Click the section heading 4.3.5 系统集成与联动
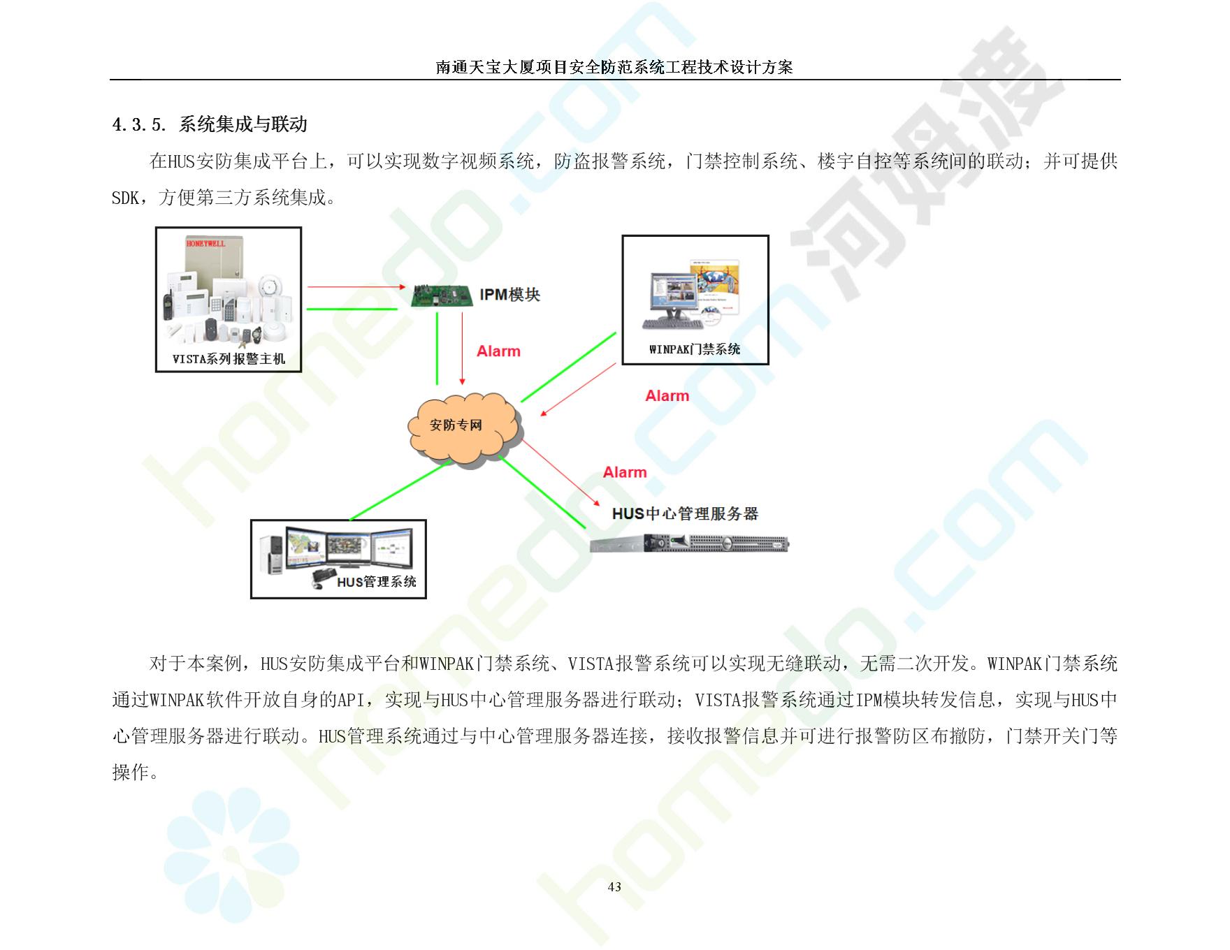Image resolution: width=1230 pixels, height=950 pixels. (210, 124)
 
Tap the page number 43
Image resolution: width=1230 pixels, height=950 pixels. (614, 887)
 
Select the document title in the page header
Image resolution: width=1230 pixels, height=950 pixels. (614, 67)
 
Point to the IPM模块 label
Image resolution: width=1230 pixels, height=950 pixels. (510, 295)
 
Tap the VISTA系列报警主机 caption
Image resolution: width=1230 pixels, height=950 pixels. (229, 359)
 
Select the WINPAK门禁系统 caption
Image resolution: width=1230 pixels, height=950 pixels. (695, 349)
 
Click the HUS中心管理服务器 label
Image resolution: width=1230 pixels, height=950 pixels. (685, 513)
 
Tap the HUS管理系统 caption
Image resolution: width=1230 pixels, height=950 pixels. (377, 582)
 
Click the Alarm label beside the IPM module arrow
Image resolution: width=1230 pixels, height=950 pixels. (498, 351)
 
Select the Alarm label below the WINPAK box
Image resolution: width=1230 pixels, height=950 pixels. (667, 396)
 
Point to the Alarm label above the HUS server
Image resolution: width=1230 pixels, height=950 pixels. (625, 472)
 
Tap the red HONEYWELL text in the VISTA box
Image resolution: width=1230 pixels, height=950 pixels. (205, 244)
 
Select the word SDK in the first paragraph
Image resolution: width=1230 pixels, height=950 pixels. (126, 198)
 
